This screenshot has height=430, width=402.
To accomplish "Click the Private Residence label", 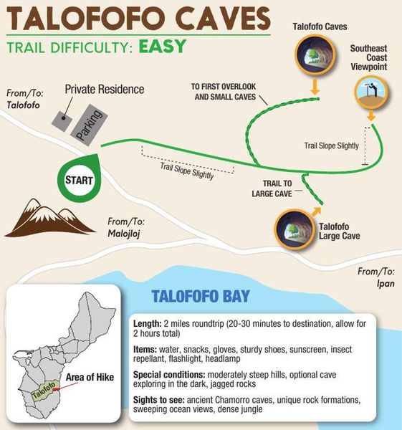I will click(x=104, y=90).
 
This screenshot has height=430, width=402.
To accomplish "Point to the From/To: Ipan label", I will click(x=376, y=277).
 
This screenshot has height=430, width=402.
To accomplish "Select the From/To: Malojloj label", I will click(x=125, y=227).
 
